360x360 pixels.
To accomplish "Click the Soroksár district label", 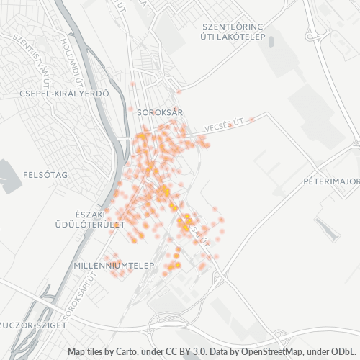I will point(156,112).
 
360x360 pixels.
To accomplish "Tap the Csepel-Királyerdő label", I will point(64,94).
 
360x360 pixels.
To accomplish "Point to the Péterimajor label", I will point(330,181).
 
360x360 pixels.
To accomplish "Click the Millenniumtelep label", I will point(114,266).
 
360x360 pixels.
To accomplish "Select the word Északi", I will point(90,214).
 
